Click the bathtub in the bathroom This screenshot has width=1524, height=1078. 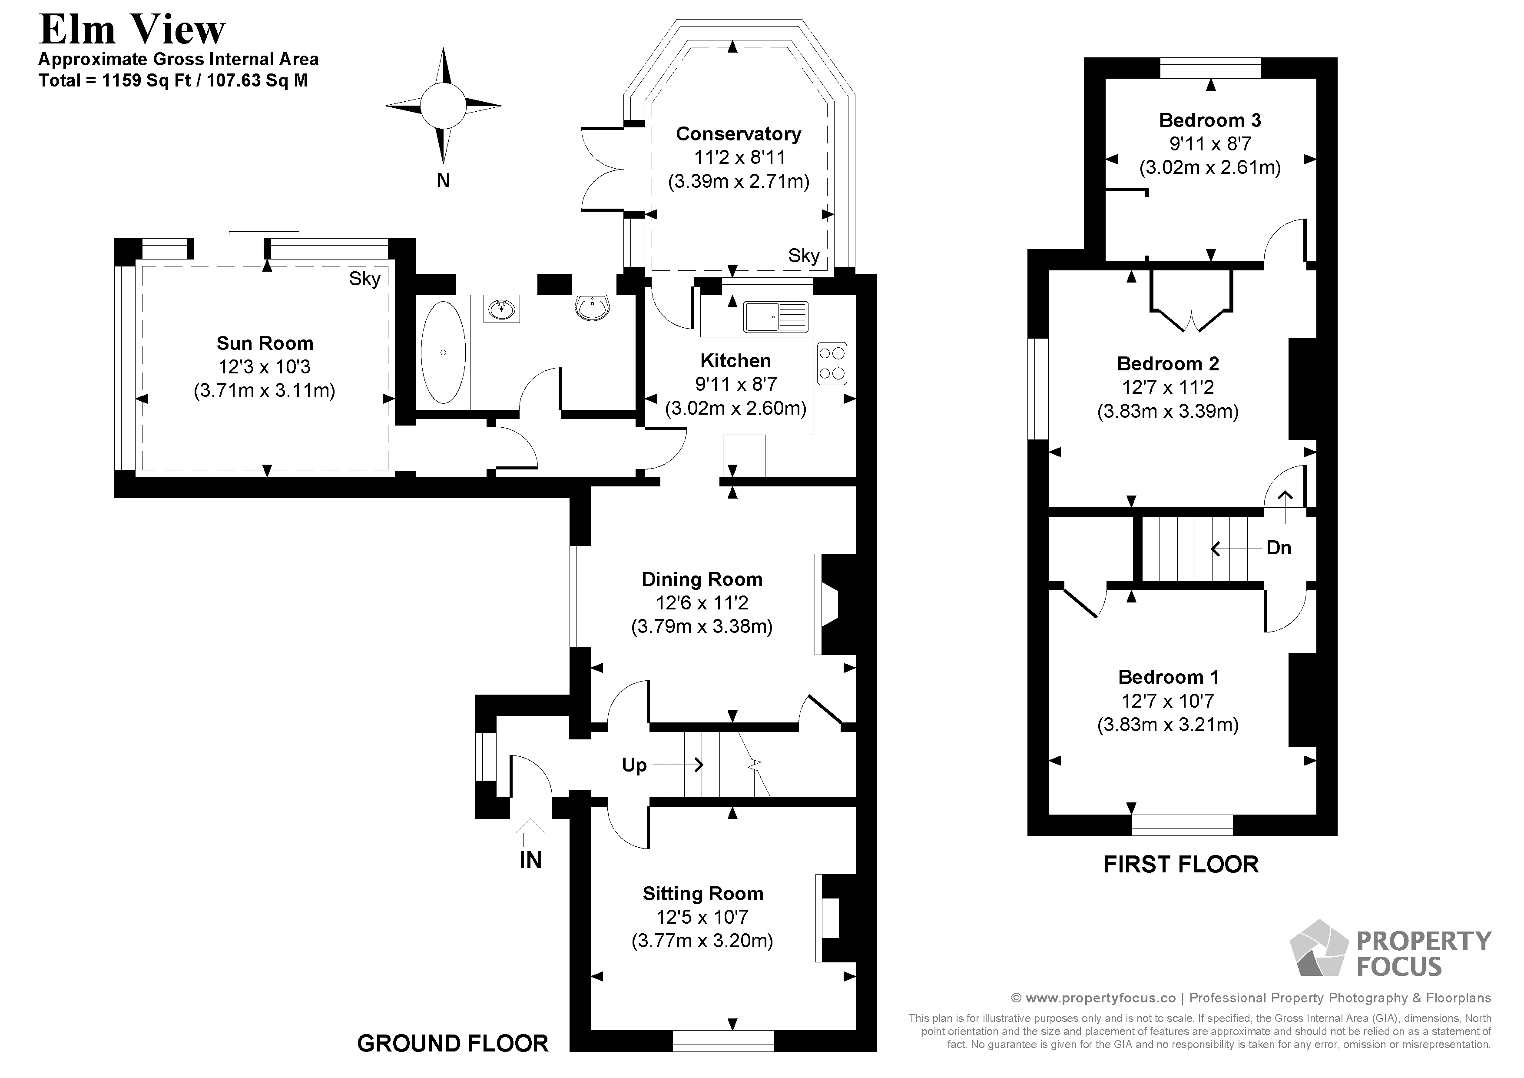click(x=444, y=352)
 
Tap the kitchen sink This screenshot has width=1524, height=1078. click(x=776, y=317)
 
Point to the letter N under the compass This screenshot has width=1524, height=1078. click(x=444, y=180)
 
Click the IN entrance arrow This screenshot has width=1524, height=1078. click(x=530, y=832)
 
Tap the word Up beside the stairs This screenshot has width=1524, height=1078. click(x=634, y=765)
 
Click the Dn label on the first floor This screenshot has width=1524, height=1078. click(x=1279, y=548)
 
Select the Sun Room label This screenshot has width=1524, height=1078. click(x=265, y=343)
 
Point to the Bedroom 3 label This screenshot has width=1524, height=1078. click(x=1210, y=120)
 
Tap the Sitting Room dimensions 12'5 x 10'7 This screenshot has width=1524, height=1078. click(x=702, y=917)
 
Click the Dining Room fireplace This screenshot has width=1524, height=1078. click(x=836, y=605)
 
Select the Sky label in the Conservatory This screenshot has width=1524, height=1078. click(x=804, y=256)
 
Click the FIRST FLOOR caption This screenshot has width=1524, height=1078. click(x=1181, y=864)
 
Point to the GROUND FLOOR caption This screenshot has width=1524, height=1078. click(x=453, y=1044)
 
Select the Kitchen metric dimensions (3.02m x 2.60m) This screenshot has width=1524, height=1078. click(x=735, y=408)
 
